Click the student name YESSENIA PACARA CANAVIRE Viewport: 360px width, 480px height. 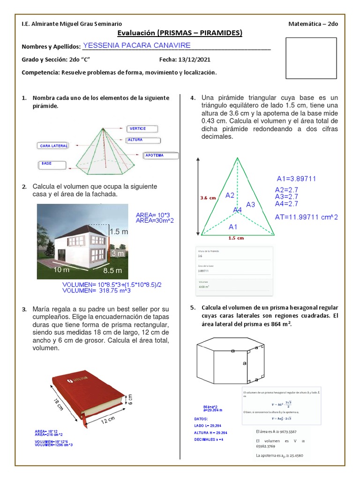point(136,45)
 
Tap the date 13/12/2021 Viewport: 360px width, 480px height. point(194,60)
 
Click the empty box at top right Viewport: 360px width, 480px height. point(312,58)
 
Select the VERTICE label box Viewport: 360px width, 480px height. point(142,129)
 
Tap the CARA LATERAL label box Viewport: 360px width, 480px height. point(52,146)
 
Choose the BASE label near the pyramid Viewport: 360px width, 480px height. point(53,164)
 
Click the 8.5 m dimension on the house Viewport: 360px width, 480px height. point(112,270)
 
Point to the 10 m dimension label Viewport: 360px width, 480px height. point(61,270)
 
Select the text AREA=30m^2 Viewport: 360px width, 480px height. point(155,220)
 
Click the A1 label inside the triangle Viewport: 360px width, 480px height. point(233,226)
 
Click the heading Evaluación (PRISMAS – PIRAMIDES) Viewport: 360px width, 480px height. point(180,33)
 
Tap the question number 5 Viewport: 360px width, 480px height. point(192,308)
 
